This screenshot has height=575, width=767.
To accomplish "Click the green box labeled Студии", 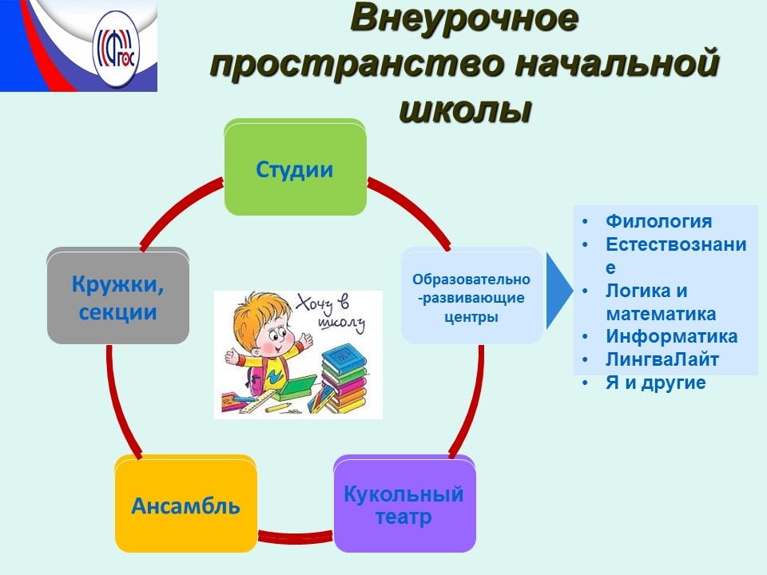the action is [x=295, y=167].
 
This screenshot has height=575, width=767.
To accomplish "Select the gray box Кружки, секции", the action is [x=118, y=295].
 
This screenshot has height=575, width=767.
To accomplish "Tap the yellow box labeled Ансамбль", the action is [x=186, y=504].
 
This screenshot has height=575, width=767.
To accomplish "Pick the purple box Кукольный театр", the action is [x=404, y=504].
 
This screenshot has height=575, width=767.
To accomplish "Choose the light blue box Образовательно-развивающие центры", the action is [x=471, y=295].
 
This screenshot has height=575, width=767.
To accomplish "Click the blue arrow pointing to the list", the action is [x=559, y=291].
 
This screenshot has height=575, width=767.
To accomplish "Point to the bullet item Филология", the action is [x=658, y=221].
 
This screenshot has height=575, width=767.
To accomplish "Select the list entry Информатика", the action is [x=671, y=336].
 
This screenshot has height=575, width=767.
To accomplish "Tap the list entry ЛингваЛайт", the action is [x=662, y=359].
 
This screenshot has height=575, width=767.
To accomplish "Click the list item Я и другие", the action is [x=655, y=383].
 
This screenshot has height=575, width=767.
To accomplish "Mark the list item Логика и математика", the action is [x=661, y=302].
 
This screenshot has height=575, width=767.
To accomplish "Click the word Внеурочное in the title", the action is [x=464, y=19].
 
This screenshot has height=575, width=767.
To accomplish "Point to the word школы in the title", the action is [x=465, y=109].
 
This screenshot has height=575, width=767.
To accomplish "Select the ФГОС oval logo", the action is [x=116, y=50].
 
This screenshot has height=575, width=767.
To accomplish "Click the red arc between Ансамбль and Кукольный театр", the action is [x=296, y=537].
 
